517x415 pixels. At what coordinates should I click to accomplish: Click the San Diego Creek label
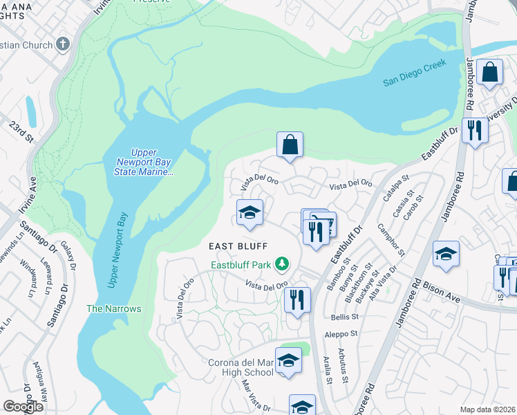pos(415,73)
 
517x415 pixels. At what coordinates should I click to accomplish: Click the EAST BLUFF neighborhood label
pos(238,246)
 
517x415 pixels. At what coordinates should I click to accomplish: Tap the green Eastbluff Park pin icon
pos(281,264)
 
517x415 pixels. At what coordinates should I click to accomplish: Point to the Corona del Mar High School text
pos(241,367)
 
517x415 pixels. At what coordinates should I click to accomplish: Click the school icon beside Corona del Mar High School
pos(288,361)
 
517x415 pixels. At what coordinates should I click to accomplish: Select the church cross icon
pos(63,45)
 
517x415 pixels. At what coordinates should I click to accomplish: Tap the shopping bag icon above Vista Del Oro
pos(290,145)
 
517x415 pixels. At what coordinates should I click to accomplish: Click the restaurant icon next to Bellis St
pos(297,300)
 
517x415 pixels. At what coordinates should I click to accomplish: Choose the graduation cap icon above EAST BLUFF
pos(250,214)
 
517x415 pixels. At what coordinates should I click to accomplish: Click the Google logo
pos(23,407)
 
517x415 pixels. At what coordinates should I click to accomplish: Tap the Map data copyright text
pos(487,409)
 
